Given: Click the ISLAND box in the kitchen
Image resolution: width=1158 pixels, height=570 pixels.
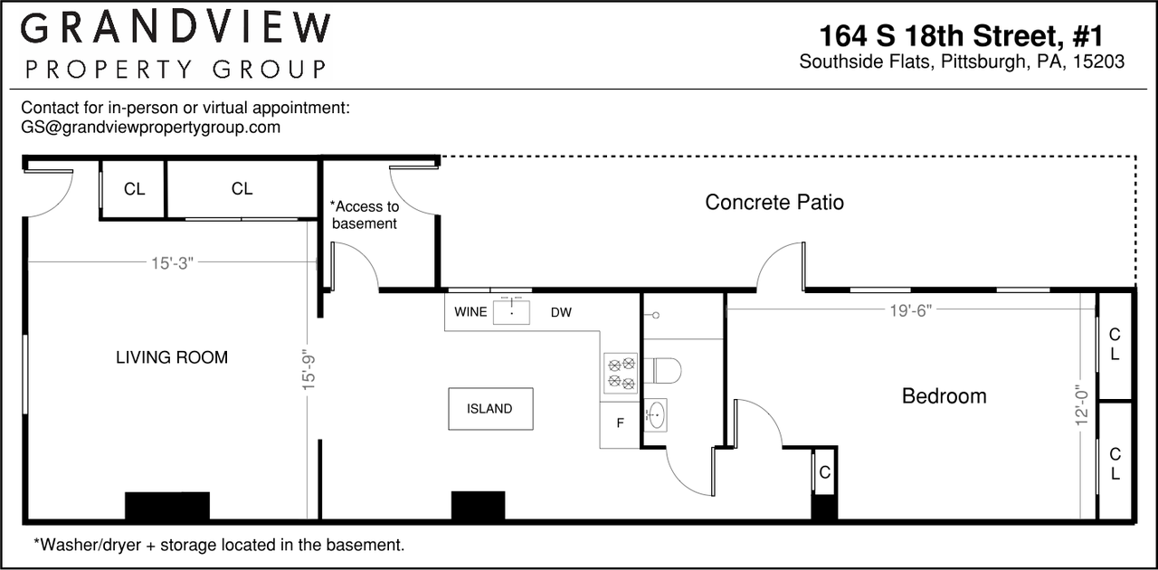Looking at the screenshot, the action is pos(490,409).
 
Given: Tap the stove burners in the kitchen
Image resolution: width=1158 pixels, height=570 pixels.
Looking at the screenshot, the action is pos(621,373).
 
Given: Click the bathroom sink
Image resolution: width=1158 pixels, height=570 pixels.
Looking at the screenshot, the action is pos(656,414).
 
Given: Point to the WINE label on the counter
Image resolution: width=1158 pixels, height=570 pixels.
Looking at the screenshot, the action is pos(470,312).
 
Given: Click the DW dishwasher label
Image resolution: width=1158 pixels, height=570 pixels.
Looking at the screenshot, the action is pos(561,312).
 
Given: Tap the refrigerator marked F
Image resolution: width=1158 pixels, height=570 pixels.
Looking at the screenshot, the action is pos(621,423).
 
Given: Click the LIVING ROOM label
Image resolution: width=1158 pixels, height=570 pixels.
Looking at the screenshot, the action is pos(172,357).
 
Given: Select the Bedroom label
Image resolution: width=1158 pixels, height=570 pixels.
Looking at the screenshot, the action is pos(944,396).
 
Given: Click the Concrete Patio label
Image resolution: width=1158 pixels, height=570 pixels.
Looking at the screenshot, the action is pos(774,203).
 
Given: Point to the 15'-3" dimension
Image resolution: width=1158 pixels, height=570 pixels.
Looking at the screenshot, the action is pos(172,263).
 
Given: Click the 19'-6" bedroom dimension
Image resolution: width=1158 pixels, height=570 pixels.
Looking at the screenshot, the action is pos(910,311).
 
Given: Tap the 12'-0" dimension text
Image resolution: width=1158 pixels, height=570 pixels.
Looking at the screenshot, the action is pos(1081,405).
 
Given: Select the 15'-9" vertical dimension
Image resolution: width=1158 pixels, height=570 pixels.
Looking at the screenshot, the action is pos(308,369).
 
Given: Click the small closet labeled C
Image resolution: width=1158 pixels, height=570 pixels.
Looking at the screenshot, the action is pos(824,472).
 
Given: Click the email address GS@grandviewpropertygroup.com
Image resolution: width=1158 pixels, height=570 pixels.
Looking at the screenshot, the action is pos(150,128).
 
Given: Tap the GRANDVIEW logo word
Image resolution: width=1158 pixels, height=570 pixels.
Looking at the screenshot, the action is pos(176,28).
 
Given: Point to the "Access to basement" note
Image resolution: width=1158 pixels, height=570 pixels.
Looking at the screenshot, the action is pos(365,214).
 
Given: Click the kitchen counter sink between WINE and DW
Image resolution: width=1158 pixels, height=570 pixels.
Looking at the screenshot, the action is pos(511,312).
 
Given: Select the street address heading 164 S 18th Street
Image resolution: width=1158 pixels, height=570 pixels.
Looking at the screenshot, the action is pos(961,35).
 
